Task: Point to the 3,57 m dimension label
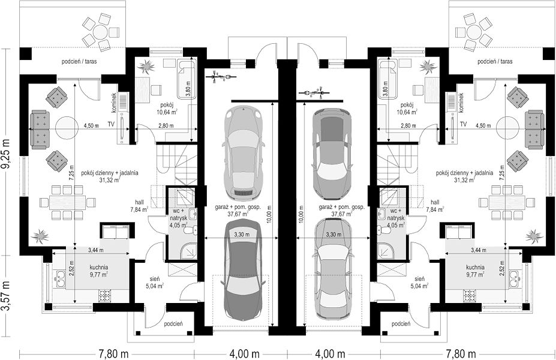point(7,296)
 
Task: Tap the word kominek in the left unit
point(114,103)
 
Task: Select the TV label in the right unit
point(463,124)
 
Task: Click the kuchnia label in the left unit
point(99,268)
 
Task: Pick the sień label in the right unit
point(419,279)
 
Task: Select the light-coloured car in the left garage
point(244,152)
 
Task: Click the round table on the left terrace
point(101,32)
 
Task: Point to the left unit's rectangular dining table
point(67,203)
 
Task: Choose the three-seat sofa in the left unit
point(40,129)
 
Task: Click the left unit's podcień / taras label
point(79,61)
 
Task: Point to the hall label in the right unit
point(435,202)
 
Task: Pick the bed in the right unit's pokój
point(384,81)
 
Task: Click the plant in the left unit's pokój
point(146,66)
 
